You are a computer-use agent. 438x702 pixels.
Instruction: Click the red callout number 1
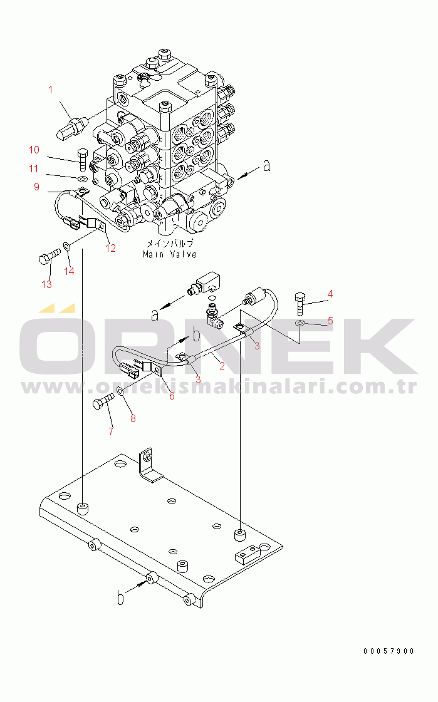51,90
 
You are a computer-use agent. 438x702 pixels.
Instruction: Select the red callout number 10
34,150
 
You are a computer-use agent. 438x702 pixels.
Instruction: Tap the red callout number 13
46,284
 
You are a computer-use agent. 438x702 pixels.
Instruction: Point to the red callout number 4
330,294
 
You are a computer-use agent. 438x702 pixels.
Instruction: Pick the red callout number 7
111,431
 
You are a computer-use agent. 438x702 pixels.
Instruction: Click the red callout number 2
222,366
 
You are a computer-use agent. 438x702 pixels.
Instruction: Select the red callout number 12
111,248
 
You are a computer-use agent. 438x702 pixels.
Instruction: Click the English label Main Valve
170,254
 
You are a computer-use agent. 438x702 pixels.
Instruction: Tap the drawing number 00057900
388,651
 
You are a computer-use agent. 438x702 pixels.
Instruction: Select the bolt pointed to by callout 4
300,304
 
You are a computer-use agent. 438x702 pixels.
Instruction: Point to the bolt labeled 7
103,401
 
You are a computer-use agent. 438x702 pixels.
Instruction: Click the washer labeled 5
300,323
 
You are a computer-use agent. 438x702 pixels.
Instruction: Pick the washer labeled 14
66,245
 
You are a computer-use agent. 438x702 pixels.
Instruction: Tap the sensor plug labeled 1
71,126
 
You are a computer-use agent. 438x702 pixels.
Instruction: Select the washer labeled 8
121,392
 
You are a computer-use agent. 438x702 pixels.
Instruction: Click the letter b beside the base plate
120,598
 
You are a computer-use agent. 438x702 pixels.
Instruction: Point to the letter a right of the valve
267,166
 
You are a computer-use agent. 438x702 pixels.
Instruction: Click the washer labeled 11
82,180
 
